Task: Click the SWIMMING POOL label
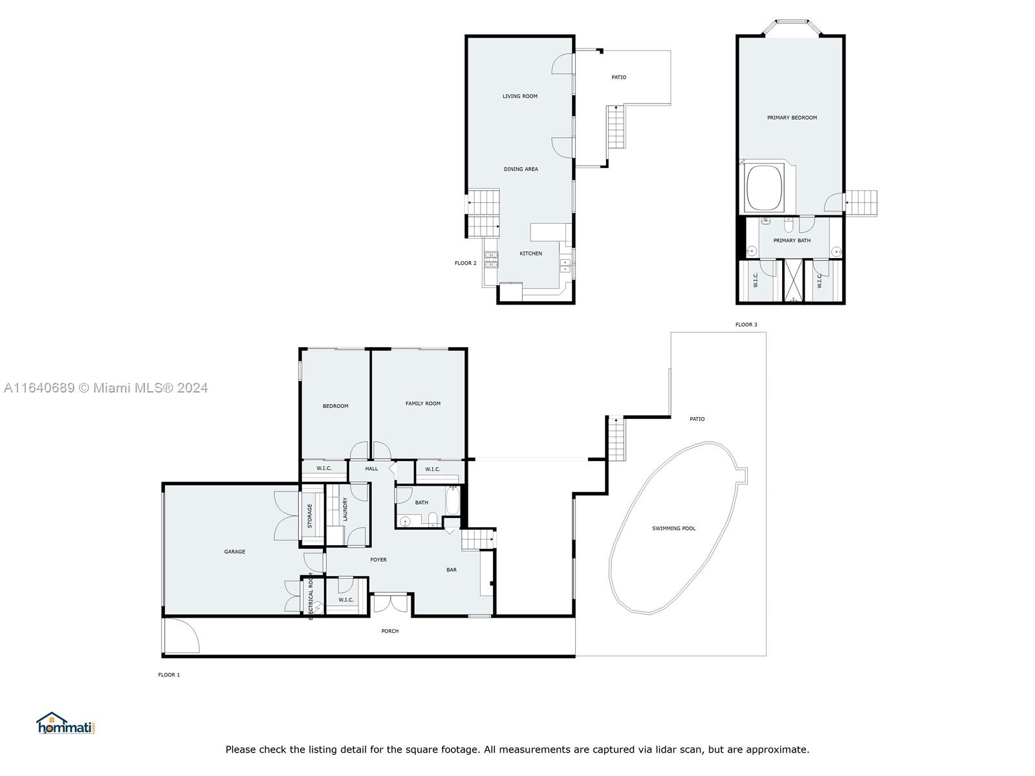pyautogui.click(x=673, y=528)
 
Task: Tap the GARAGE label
pyautogui.click(x=234, y=552)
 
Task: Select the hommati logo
pyautogui.click(x=66, y=724)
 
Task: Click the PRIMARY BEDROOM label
pyautogui.click(x=792, y=118)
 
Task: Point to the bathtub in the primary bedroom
pyautogui.click(x=764, y=188)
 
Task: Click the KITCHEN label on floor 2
pyautogui.click(x=530, y=253)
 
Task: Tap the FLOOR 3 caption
pyautogui.click(x=746, y=325)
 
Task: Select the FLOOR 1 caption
pyautogui.click(x=169, y=674)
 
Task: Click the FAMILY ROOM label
pyautogui.click(x=422, y=404)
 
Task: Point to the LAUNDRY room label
pyautogui.click(x=345, y=509)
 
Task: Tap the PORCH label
pyautogui.click(x=389, y=631)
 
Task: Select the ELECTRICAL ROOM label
pyautogui.click(x=310, y=596)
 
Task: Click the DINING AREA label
pyautogui.click(x=521, y=169)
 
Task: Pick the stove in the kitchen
pyautogui.click(x=491, y=259)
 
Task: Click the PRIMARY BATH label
pyautogui.click(x=792, y=241)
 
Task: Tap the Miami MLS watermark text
pyautogui.click(x=105, y=388)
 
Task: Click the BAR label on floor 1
pyautogui.click(x=451, y=570)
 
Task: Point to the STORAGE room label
pyautogui.click(x=310, y=516)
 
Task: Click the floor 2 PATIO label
pyautogui.click(x=618, y=78)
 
